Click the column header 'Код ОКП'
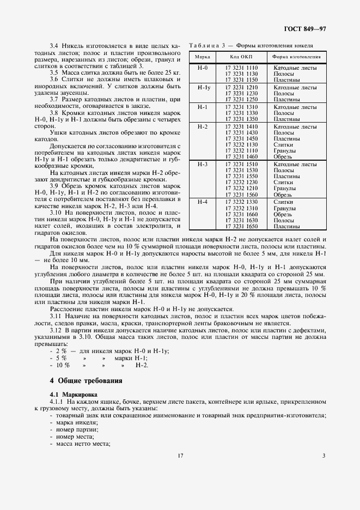[240, 57]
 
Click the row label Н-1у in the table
[203, 87]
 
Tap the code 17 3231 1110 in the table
[241, 67]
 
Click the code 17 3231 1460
[241, 156]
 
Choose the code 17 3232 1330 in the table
[241, 202]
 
